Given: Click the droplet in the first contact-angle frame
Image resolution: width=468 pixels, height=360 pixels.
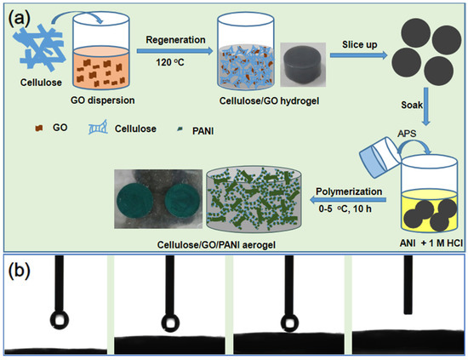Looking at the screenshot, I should (x=57, y=319).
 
